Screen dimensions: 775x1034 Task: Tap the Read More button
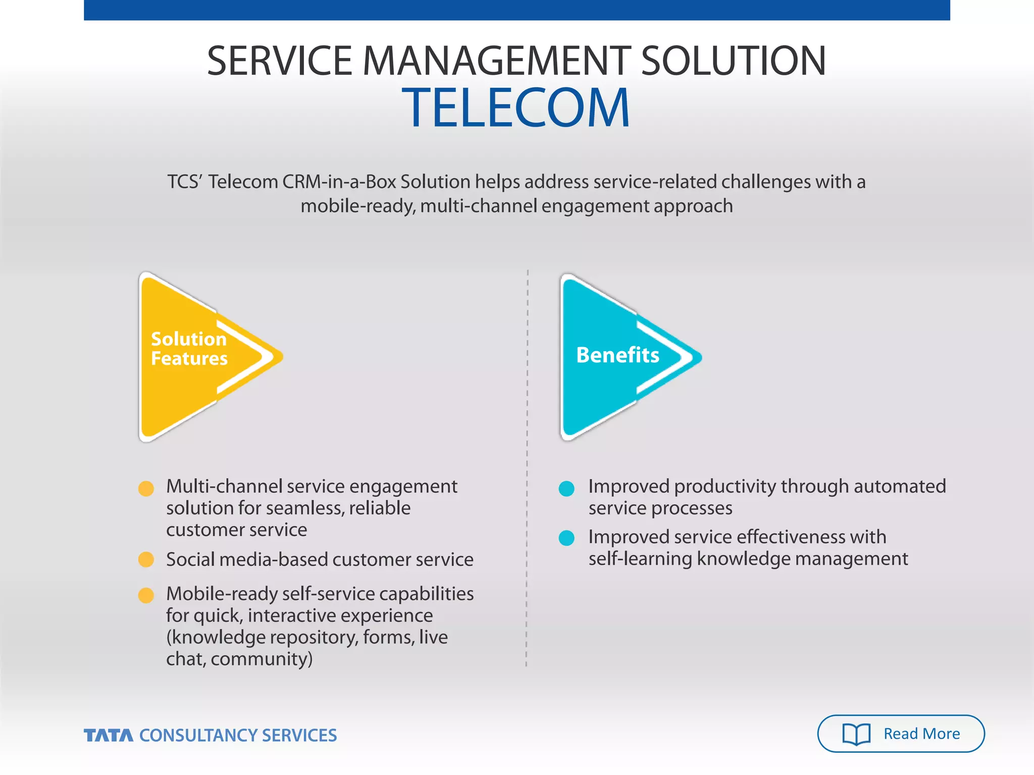pyautogui.click(x=900, y=733)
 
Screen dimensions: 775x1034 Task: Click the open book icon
pyautogui.click(x=856, y=734)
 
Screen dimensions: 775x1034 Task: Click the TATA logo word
pyautogui.click(x=109, y=735)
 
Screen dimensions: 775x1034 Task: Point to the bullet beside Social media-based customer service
pyautogui.click(x=146, y=560)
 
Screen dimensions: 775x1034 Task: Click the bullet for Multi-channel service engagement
pyautogui.click(x=146, y=488)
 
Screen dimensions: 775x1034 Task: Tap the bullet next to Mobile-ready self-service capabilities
pyautogui.click(x=146, y=595)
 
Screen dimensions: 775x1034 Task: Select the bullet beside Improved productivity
pyautogui.click(x=566, y=488)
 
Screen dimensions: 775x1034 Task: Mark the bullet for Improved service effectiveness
pyautogui.click(x=566, y=538)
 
